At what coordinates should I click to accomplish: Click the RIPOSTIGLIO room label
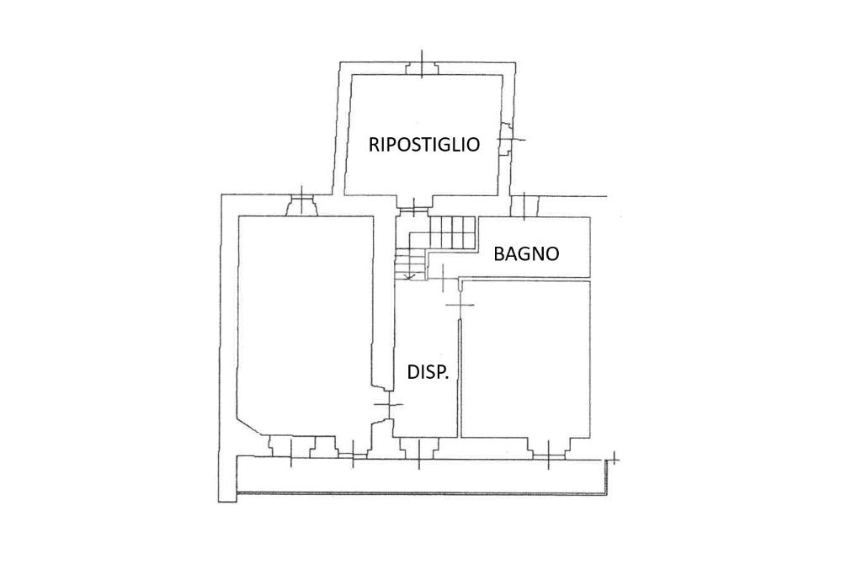424,144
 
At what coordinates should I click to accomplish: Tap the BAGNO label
526,253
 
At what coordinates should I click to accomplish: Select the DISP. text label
428,372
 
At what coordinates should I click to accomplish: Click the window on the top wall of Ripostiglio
421,67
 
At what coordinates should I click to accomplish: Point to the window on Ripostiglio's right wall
507,140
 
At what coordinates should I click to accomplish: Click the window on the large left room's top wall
301,205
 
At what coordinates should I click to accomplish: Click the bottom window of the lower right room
549,450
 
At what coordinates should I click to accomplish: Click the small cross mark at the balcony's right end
615,459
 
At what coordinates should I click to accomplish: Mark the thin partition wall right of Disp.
460,379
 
